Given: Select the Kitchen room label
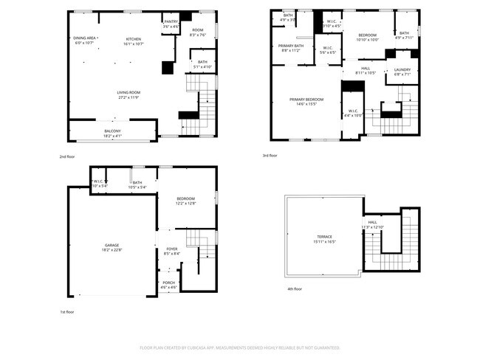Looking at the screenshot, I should (133, 38).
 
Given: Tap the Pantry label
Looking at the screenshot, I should (171, 22).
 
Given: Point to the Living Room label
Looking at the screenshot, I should (128, 93).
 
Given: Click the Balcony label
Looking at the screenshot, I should (112, 131).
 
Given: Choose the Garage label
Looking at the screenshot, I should (112, 245).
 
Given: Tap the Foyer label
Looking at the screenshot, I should (172, 249).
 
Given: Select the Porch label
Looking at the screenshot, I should (168, 283).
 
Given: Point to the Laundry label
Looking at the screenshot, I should (402, 70).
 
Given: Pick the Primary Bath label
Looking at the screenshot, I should (290, 46).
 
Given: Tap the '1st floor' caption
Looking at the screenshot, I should (67, 312).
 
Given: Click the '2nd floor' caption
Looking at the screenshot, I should (67, 156).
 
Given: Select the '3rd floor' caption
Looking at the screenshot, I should (270, 156).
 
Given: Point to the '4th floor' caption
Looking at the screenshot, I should (294, 288).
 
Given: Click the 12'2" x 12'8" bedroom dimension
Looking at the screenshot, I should (185, 204).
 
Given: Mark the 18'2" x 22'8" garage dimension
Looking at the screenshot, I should (112, 249).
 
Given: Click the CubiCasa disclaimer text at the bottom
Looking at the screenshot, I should (240, 347).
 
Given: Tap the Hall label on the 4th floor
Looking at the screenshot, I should (373, 222).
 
